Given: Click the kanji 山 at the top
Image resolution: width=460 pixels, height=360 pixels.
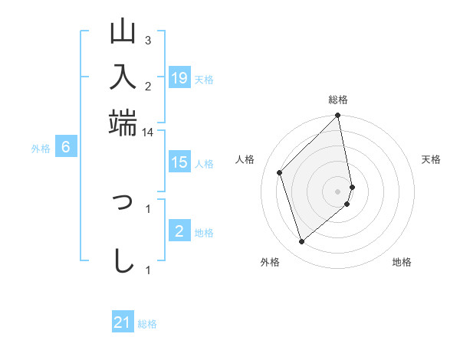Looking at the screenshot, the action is click(x=123, y=34).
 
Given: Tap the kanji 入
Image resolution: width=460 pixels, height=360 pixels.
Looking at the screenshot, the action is click(x=123, y=77).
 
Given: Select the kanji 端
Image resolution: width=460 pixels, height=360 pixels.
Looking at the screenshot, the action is click(x=123, y=121).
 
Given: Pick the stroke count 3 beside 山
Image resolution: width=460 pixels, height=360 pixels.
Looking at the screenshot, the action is click(x=147, y=40).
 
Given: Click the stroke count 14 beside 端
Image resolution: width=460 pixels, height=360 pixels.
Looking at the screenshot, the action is click(x=147, y=133).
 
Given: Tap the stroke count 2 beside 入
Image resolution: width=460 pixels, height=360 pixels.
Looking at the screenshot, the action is click(x=147, y=87).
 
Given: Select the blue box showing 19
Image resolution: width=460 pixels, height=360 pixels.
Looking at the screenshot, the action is click(x=179, y=77).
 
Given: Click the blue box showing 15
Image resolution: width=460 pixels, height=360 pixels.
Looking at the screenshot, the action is click(x=179, y=162).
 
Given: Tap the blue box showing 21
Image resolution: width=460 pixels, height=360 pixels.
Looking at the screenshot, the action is click(x=123, y=322).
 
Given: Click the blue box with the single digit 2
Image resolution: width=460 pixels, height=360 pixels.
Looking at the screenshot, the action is click(x=179, y=231).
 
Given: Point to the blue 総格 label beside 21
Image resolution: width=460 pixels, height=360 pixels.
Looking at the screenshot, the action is click(x=147, y=324).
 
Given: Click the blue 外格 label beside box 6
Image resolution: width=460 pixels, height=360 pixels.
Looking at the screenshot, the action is click(x=41, y=149).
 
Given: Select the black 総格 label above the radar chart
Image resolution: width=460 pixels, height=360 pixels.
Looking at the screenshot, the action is click(x=338, y=100).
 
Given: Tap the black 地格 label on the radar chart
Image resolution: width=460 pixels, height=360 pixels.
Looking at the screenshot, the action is click(x=402, y=263).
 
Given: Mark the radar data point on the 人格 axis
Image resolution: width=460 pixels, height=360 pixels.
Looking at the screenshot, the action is click(x=280, y=172).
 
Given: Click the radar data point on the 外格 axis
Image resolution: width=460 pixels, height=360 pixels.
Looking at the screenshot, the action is click(x=302, y=242).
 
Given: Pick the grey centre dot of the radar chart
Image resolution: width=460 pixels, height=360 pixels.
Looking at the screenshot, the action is click(x=338, y=190).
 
